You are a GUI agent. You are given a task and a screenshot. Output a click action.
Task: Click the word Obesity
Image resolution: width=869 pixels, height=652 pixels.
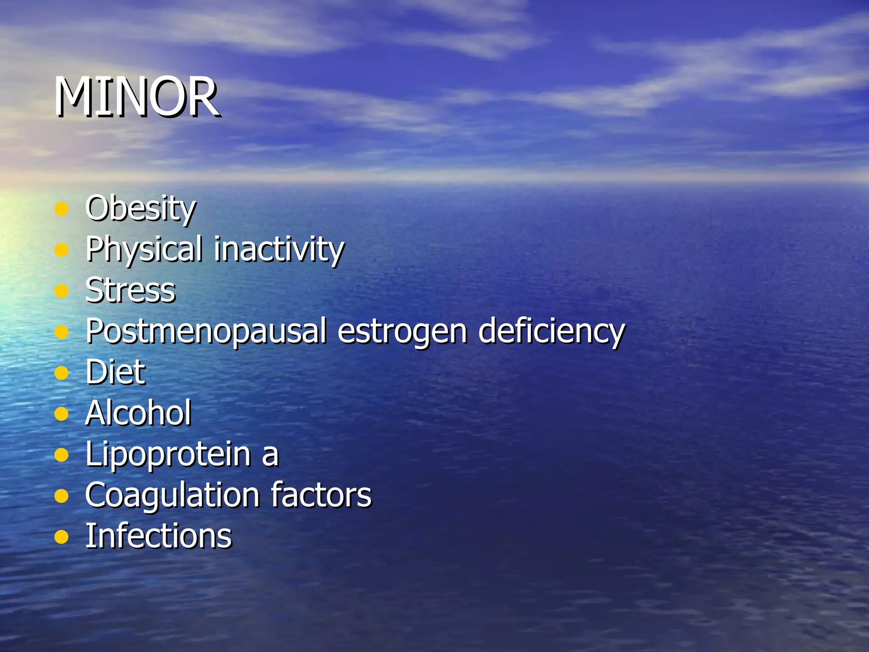tap(140, 208)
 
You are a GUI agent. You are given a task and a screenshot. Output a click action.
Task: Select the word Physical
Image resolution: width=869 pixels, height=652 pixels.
tap(144, 249)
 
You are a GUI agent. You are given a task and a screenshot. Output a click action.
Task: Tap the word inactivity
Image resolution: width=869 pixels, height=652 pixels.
tap(279, 249)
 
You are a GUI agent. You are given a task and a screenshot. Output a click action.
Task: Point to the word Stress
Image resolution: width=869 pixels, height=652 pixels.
tap(130, 290)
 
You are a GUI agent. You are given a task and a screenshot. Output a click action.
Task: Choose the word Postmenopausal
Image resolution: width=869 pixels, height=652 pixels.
tap(206, 332)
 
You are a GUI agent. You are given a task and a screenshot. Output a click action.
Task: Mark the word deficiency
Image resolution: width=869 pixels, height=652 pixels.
tap(551, 332)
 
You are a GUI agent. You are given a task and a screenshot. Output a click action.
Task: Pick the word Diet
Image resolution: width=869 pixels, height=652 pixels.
tap(115, 372)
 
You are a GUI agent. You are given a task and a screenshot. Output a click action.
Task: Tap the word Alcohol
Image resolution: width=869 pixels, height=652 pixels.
tap(138, 413)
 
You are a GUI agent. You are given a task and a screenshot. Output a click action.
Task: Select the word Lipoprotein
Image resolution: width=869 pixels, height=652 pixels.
tap(168, 454)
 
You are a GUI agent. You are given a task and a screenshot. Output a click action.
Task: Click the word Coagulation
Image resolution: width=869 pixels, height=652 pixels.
tap(172, 495)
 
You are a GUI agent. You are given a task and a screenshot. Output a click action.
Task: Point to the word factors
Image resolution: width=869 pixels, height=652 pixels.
tap(321, 495)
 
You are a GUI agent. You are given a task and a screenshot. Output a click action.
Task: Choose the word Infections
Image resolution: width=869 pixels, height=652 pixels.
tap(159, 536)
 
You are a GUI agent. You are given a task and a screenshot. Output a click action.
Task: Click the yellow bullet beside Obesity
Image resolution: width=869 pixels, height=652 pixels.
tap(62, 209)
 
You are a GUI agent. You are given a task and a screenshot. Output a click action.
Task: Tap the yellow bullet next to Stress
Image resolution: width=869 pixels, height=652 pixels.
tap(62, 291)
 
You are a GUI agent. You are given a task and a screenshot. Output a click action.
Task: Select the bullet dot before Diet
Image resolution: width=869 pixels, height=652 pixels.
tap(62, 373)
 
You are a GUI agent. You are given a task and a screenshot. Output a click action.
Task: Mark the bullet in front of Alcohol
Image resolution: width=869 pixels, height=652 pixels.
tap(62, 413)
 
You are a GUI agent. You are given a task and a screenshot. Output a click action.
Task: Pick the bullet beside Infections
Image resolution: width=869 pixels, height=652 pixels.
tap(62, 537)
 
